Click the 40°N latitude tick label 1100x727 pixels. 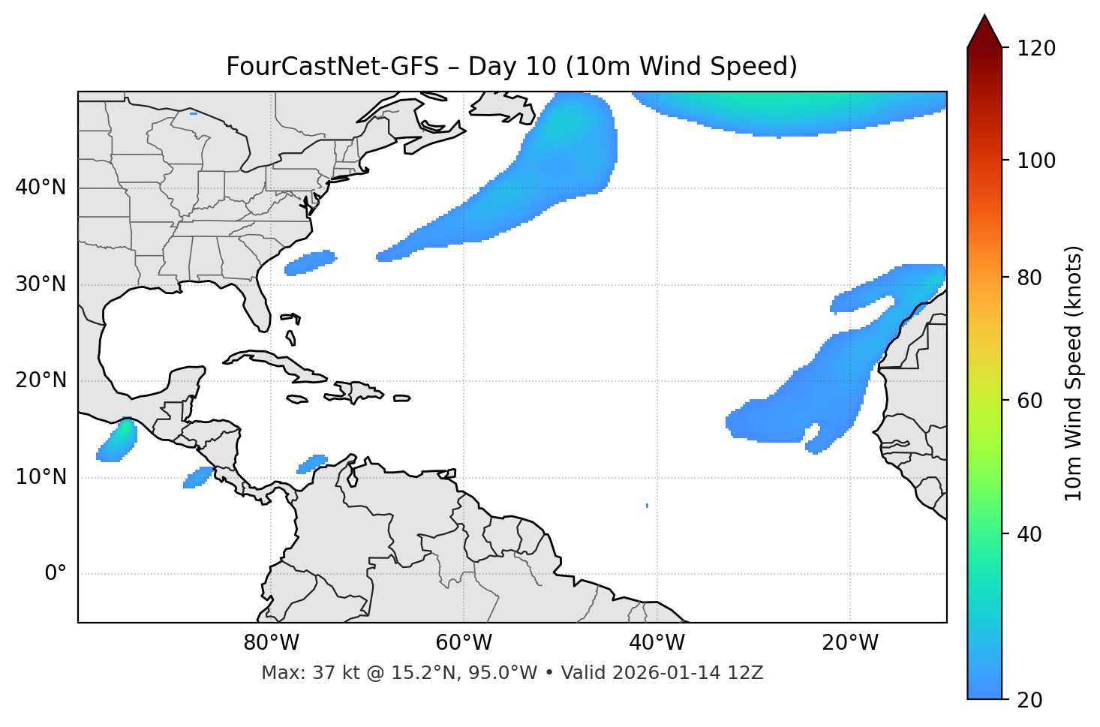[41, 188]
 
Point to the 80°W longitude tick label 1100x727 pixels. [271, 643]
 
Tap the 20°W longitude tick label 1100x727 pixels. [850, 643]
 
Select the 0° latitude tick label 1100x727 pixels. [56, 574]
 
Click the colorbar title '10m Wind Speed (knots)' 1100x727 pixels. [1074, 373]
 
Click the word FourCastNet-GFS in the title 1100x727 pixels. [332, 67]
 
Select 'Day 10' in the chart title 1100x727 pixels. [512, 67]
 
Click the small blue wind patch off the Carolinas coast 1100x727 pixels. [310, 263]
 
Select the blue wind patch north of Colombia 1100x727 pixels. [313, 464]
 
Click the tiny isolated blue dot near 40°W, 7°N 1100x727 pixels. [647, 506]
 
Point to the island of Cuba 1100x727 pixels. [269, 361]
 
